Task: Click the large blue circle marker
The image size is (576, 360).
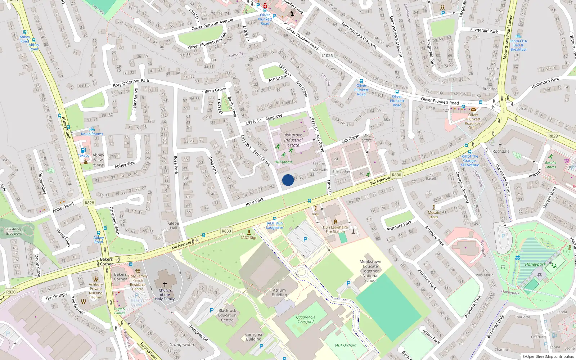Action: coord(288,180)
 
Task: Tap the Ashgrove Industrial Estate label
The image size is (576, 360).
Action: coord(293,140)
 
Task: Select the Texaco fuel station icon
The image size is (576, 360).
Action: coord(83,150)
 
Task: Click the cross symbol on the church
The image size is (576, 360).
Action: coord(165,284)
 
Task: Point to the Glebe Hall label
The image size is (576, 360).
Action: coord(174,225)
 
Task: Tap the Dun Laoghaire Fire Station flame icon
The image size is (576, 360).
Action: coord(336,222)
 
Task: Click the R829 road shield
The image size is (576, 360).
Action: coord(553,136)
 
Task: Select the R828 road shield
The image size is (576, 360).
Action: coord(89,203)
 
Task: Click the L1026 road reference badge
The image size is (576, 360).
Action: coord(327,55)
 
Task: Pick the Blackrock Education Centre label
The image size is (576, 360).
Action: coord(227,315)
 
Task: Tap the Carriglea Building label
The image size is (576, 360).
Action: coord(253,337)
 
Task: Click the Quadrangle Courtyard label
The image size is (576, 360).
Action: coord(306,319)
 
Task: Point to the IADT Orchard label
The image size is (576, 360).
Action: coord(345,345)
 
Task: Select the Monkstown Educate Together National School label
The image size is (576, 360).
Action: coord(370,271)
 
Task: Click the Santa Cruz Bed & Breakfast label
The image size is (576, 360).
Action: coord(518,45)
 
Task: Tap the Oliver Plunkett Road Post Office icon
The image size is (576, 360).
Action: coord(473,109)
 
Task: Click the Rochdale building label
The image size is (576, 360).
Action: coord(501,151)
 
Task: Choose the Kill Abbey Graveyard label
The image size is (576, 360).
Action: coord(14,231)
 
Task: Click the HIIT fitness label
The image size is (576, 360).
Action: coord(283,162)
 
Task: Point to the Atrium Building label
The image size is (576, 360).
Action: coord(279,292)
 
